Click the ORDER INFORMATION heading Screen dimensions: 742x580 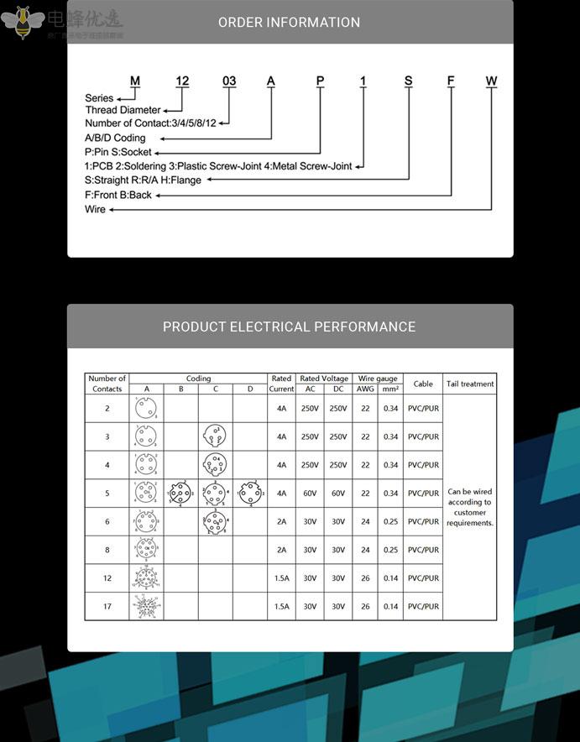click(x=290, y=23)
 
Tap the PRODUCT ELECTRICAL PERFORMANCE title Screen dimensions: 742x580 click(x=290, y=327)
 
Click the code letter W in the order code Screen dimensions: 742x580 click(x=491, y=81)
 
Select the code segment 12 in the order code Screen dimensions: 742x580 click(x=182, y=81)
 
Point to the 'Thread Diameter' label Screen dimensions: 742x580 click(x=123, y=110)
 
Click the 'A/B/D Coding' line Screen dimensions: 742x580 click(x=115, y=138)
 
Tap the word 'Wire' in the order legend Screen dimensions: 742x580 click(x=95, y=209)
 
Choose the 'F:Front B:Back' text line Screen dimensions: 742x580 click(x=118, y=195)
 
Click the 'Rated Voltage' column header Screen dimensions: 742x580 click(x=324, y=379)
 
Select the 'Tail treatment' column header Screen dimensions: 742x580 click(x=470, y=384)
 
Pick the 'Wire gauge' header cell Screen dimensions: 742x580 click(x=378, y=379)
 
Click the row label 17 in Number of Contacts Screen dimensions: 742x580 click(x=107, y=606)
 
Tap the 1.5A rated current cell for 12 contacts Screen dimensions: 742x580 click(x=281, y=578)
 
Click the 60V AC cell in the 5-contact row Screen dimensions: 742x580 click(x=310, y=494)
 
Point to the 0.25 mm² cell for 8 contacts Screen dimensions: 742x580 click(x=390, y=550)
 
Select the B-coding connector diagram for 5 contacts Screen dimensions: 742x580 click(x=180, y=493)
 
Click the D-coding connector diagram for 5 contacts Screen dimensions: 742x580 click(x=249, y=493)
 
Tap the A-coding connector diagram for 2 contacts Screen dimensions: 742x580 click(x=146, y=409)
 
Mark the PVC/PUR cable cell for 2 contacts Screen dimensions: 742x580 click(x=423, y=409)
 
